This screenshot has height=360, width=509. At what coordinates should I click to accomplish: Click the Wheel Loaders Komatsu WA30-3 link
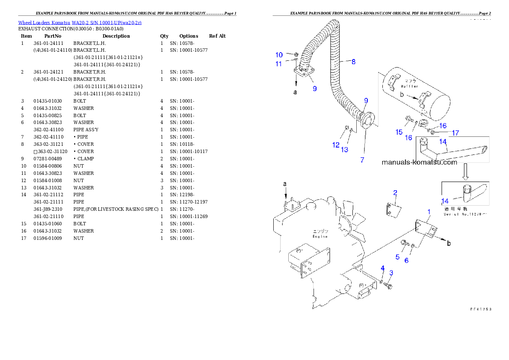pos(80,22)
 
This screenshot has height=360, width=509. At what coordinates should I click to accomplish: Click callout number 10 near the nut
pos(279,55)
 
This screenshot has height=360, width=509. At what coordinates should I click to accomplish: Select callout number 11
pos(279,64)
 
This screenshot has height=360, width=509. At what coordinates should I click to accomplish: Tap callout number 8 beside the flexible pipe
pos(353,62)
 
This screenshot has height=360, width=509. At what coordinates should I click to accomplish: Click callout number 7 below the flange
pos(362,160)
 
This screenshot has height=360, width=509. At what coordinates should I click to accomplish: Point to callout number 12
pos(336,145)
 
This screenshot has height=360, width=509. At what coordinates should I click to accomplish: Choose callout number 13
pos(344,149)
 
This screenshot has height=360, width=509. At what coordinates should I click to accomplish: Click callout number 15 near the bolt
pos(399,132)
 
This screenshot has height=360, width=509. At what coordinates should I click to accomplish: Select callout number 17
pos(456,133)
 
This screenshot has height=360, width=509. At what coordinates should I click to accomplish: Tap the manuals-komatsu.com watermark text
pos(419,162)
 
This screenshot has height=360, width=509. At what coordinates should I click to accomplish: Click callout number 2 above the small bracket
pos(395,192)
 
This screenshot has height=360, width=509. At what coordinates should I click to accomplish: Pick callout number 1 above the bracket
pos(429,212)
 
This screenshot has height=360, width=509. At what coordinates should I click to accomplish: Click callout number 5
pos(397,257)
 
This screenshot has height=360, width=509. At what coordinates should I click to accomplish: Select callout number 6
pos(406,260)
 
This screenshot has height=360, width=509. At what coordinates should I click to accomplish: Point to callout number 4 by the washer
pos(383,268)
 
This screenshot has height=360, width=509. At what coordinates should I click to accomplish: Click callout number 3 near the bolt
pos(391,272)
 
